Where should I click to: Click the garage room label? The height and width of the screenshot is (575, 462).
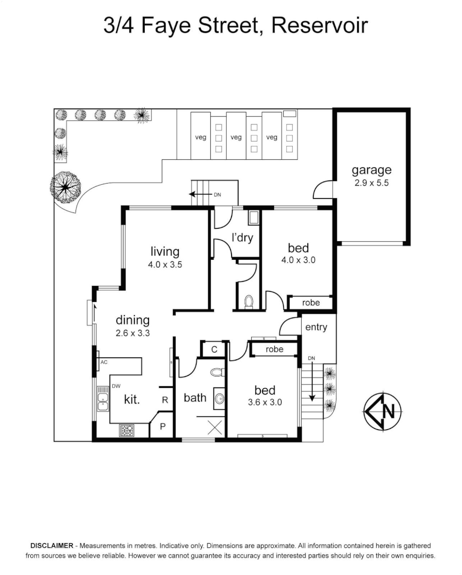[x=372, y=170]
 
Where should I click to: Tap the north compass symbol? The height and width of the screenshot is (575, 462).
[x=383, y=411]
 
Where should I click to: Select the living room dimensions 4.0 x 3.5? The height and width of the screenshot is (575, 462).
[x=166, y=264]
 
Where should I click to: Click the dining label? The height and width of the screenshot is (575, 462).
[x=133, y=321]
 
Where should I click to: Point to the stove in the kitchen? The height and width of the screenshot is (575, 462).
[x=127, y=430]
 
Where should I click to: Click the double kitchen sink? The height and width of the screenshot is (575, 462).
[x=103, y=401]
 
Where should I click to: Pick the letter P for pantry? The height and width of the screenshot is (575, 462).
[x=163, y=427]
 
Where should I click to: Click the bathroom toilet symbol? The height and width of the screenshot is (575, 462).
[x=217, y=372]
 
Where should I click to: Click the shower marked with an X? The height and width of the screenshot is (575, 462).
[x=214, y=426]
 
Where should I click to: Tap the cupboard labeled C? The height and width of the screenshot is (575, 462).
[x=214, y=349]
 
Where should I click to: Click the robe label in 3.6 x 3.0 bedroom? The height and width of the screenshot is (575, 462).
[x=275, y=349]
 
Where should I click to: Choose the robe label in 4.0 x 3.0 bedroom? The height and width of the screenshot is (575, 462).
[x=311, y=303]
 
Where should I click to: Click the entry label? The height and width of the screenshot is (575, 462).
[x=316, y=327]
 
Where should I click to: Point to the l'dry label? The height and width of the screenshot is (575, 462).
[x=242, y=238]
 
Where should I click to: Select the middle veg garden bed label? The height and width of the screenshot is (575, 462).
[x=236, y=137]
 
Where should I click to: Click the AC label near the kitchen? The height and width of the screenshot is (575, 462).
[x=104, y=362]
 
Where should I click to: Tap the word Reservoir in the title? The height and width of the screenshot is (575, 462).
[x=320, y=24]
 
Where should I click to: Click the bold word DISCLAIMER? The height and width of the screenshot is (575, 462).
[x=51, y=546]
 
